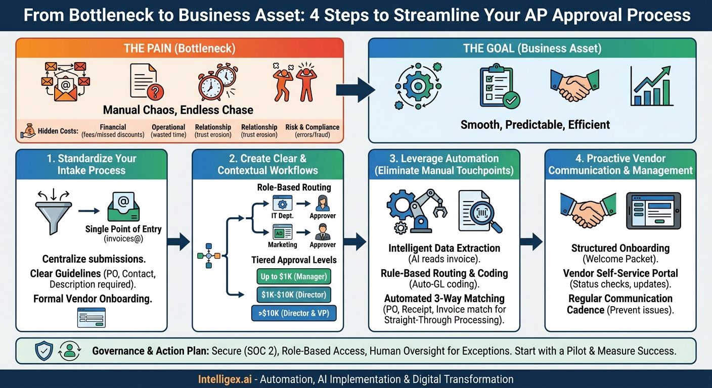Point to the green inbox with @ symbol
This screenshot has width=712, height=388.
click(123, 208)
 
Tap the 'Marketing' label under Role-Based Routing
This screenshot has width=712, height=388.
click(282, 245)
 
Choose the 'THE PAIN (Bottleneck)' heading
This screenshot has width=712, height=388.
click(180, 49)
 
